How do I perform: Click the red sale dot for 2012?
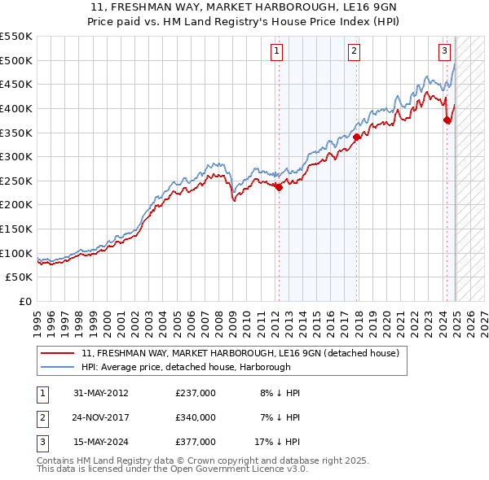point(279,187)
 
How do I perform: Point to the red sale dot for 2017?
point(356,137)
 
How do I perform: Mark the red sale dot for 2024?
point(447,120)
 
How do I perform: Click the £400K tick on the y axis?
point(16,108)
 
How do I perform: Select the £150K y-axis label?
point(16,229)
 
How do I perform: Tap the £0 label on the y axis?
point(25,301)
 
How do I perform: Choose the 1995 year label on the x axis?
point(37,321)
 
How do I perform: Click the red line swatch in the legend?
point(58,353)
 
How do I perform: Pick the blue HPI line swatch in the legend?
point(58,367)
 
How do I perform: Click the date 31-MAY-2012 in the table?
point(100,393)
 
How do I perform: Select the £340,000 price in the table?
point(196,417)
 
